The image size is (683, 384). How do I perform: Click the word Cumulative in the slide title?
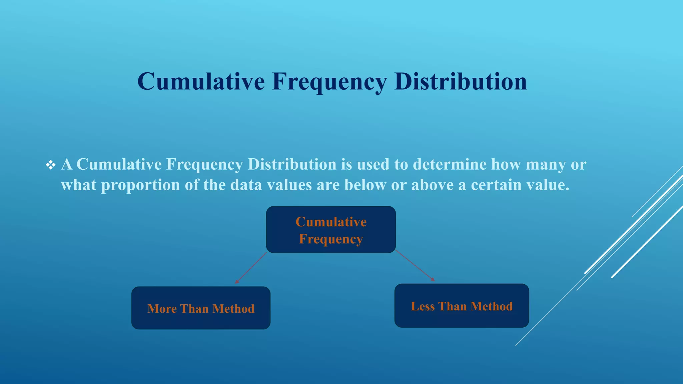(201, 81)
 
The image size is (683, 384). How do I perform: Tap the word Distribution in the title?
(460, 81)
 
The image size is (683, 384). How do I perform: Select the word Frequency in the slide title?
(329, 82)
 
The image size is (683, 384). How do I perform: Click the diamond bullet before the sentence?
(51, 165)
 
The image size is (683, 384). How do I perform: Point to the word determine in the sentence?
(450, 164)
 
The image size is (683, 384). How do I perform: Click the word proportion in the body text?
(140, 185)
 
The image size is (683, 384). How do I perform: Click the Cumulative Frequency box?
(331, 230)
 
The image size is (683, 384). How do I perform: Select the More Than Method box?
(201, 308)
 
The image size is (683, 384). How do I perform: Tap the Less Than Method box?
(462, 306)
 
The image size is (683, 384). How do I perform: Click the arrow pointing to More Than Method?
(251, 268)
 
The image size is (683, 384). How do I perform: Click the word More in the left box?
(162, 309)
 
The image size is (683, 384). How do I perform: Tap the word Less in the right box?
(423, 306)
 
